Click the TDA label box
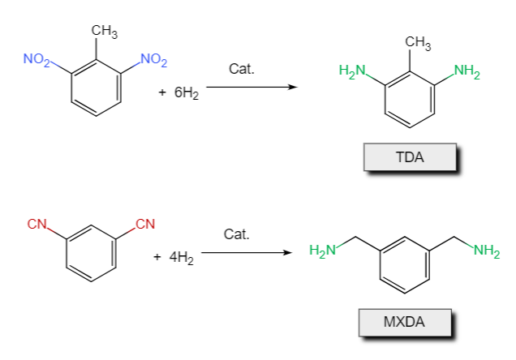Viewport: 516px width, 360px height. coord(410,157)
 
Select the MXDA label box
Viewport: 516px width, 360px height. coord(404,322)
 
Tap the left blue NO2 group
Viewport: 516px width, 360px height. coord(37,58)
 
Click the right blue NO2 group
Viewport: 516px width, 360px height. coord(153,58)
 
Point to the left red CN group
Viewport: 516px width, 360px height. coord(37,223)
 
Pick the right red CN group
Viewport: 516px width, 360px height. coord(144,223)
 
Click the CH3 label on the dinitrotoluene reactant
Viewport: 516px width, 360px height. coord(105,32)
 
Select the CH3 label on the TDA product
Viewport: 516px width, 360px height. coord(418,41)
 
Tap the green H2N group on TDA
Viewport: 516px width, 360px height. coord(350,70)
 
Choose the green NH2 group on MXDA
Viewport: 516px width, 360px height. coord(486,251)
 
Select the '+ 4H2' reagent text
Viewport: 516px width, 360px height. coord(174,259)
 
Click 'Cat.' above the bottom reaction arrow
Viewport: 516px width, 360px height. coord(236,234)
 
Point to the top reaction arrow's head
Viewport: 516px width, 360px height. coord(290,88)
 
